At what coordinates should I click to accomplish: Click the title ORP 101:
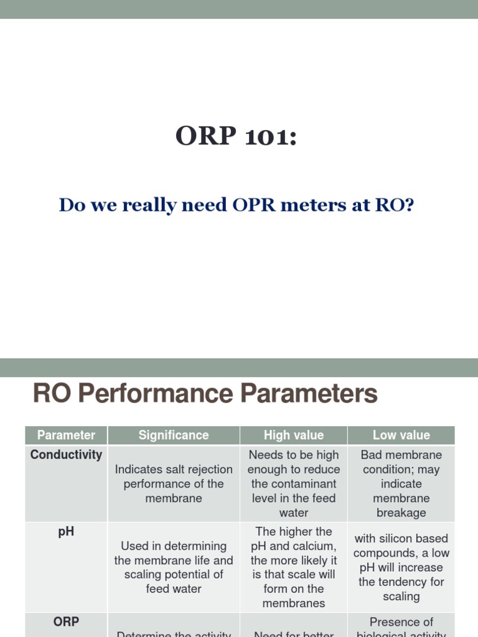pyautogui.click(x=236, y=136)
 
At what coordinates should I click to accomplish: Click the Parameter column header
pyautogui.click(x=66, y=435)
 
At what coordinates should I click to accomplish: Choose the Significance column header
pyautogui.click(x=174, y=435)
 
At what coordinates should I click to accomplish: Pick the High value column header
pyautogui.click(x=294, y=435)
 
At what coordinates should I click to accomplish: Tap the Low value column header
pyautogui.click(x=401, y=435)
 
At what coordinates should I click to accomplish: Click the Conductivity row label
pyautogui.click(x=66, y=455)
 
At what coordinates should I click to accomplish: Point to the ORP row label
pyautogui.click(x=66, y=622)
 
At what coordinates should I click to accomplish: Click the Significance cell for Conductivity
pyautogui.click(x=174, y=483)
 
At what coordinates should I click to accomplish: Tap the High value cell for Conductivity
pyautogui.click(x=294, y=483)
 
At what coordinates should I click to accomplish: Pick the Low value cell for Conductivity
pyautogui.click(x=401, y=483)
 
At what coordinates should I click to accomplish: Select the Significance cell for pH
pyautogui.click(x=174, y=567)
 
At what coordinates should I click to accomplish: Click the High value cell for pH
pyautogui.click(x=294, y=567)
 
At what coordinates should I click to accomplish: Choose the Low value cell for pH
pyautogui.click(x=401, y=567)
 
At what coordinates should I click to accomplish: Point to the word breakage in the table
pyautogui.click(x=401, y=513)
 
